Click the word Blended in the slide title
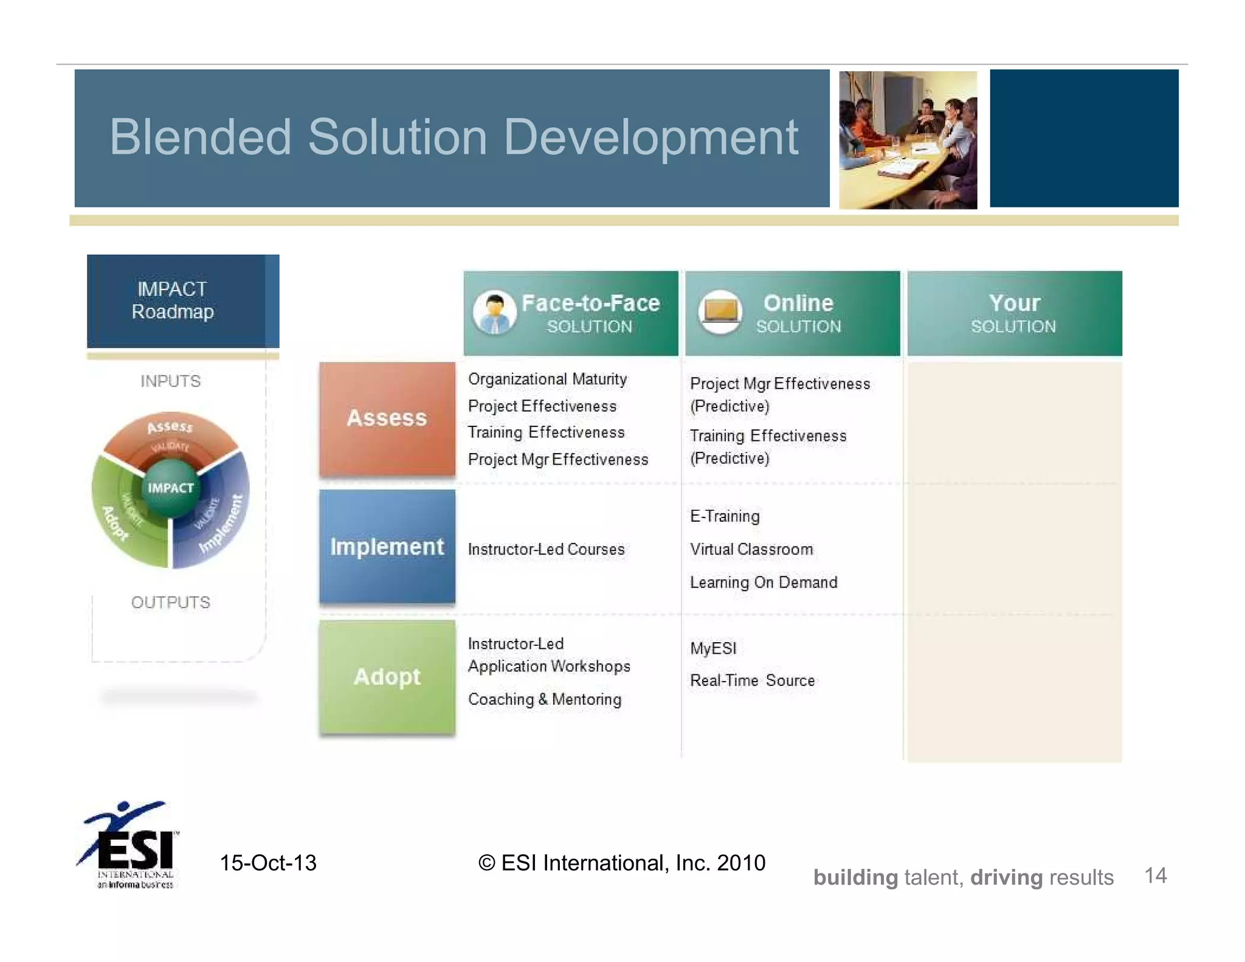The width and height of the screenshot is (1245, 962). click(x=200, y=137)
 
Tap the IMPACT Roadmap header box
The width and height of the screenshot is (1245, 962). click(x=176, y=301)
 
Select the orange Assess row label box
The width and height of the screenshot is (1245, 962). click(x=387, y=418)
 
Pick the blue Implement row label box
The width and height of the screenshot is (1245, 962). click(x=387, y=547)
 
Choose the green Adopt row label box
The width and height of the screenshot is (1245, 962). click(x=387, y=677)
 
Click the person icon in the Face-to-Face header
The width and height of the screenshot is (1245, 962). click(x=494, y=313)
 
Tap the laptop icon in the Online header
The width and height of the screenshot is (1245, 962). click(x=720, y=311)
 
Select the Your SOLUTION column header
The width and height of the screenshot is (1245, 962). click(x=1014, y=313)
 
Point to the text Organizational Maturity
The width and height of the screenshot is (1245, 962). click(x=547, y=379)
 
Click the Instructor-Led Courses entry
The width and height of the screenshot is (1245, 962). click(x=546, y=550)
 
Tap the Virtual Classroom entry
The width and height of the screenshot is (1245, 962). click(x=751, y=550)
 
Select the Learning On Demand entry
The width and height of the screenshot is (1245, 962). click(x=763, y=583)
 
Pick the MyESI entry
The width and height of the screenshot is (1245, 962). click(x=713, y=648)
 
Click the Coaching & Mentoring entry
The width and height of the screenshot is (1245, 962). click(x=544, y=699)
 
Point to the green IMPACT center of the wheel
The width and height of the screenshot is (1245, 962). click(x=170, y=488)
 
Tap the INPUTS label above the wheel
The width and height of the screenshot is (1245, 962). click(x=170, y=381)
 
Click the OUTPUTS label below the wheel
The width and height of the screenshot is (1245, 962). click(x=170, y=603)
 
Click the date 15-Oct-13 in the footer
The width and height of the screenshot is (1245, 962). click(x=268, y=863)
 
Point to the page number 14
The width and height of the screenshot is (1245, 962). click(x=1155, y=876)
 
